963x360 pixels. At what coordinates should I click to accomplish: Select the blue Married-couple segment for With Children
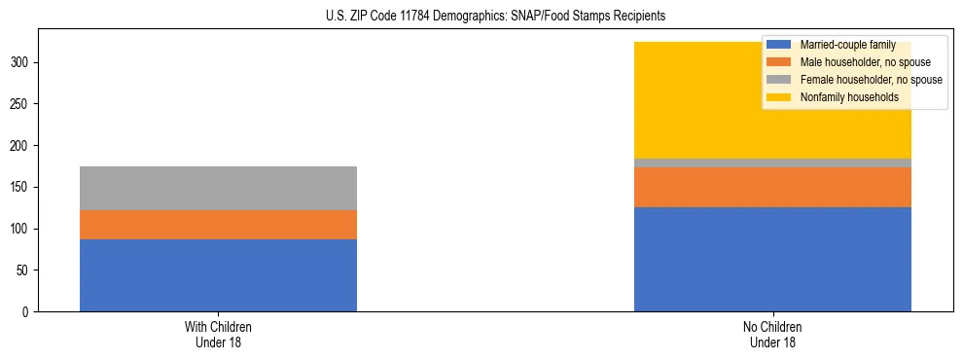tap(218, 275)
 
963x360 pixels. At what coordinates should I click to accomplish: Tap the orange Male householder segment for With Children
tap(218, 225)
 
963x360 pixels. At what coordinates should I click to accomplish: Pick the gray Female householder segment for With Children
tap(218, 188)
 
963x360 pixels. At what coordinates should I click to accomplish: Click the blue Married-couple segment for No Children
tap(772, 259)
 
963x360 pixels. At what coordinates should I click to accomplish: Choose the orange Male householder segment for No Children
tap(772, 187)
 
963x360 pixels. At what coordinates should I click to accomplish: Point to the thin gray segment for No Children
tap(772, 162)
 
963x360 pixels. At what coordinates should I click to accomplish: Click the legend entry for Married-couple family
tap(844, 45)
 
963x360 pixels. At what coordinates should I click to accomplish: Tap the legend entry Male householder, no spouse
tap(857, 62)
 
